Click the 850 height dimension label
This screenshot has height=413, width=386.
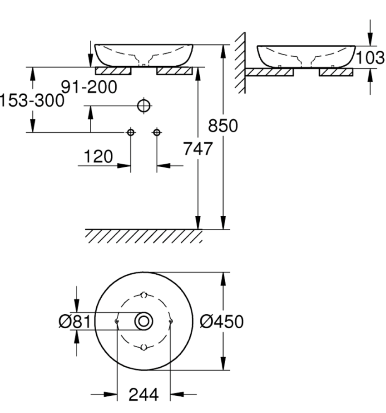click(223, 126)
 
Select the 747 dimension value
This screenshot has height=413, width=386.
click(198, 148)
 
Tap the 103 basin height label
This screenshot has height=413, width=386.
click(370, 58)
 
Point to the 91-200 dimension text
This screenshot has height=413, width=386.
click(89, 87)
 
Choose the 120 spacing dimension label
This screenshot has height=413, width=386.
click(98, 157)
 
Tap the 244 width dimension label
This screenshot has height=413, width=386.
click(144, 395)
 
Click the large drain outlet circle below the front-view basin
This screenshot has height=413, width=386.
click(144, 106)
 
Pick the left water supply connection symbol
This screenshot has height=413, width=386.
click(131, 132)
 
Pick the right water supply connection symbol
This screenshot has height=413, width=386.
click(157, 132)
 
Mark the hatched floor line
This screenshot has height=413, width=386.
click(144, 236)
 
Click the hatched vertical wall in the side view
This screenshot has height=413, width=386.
click(240, 63)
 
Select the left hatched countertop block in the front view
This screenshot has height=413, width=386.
click(113, 71)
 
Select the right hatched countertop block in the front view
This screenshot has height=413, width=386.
click(174, 71)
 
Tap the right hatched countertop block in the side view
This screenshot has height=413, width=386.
click(336, 72)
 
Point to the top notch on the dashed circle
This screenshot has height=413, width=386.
click(144, 295)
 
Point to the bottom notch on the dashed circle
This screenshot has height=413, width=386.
click(144, 347)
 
